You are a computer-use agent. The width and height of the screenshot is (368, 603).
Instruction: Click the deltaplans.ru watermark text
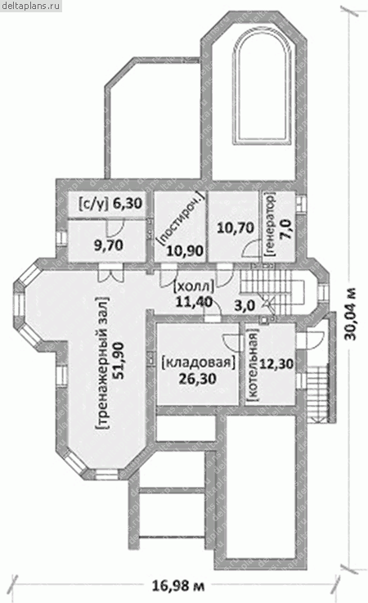[x=30, y=6]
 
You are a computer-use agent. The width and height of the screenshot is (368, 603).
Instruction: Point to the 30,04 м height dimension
[x=350, y=314]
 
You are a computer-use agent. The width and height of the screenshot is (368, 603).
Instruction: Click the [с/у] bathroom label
[x=94, y=203]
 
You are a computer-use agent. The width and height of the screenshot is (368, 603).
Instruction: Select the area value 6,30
[x=128, y=203]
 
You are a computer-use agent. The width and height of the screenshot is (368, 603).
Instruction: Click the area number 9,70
[x=109, y=245]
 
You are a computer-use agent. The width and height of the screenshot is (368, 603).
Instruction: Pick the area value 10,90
[x=185, y=250]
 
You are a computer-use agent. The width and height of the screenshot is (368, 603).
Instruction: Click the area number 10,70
[x=236, y=227]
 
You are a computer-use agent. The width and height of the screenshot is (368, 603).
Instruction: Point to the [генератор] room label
[x=271, y=224]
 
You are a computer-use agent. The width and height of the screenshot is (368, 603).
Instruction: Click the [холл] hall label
[x=194, y=287]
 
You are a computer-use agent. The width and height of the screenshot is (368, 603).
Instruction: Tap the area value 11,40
[x=194, y=301]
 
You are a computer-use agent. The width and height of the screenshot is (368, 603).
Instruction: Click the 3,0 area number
[x=245, y=306]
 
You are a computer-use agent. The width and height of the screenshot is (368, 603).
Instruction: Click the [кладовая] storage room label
[x=198, y=362]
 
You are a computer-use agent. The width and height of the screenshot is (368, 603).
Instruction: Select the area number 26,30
[x=198, y=379]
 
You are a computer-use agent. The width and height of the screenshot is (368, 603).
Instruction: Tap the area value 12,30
[x=276, y=363]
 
